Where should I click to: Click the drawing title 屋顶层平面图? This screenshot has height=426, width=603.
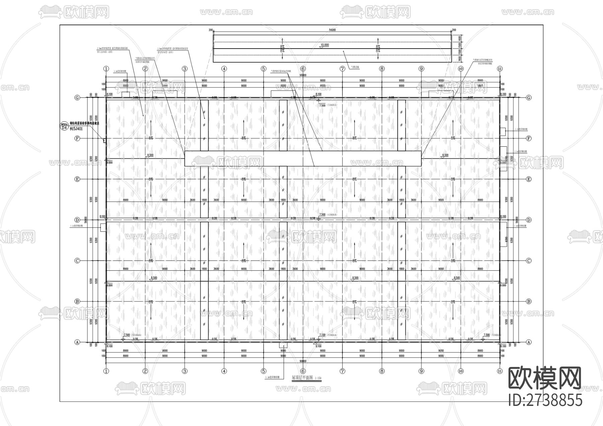coord(302,377)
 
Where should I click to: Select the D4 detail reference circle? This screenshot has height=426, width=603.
coord(64,127)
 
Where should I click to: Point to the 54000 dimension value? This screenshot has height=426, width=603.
coord(332,30)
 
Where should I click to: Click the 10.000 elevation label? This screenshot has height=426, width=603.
coord(325,45)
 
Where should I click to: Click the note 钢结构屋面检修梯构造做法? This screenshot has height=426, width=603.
coord(87,123)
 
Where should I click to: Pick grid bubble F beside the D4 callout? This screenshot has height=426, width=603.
coord(77,138)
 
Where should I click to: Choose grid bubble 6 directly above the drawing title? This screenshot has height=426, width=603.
coord(303,371)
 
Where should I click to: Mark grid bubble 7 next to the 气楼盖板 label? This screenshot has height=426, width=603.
coord(342,69)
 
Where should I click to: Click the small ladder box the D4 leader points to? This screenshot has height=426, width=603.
coord(105,141)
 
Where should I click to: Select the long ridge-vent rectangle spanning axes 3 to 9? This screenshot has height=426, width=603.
coord(303,158)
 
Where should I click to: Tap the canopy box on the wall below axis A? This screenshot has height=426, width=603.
coord(283,345)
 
